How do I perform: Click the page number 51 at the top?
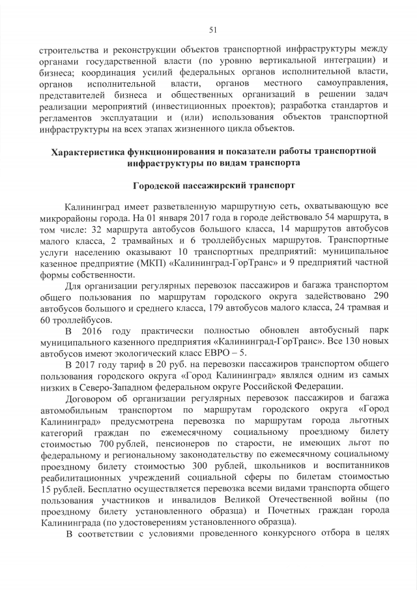click(212, 29)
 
